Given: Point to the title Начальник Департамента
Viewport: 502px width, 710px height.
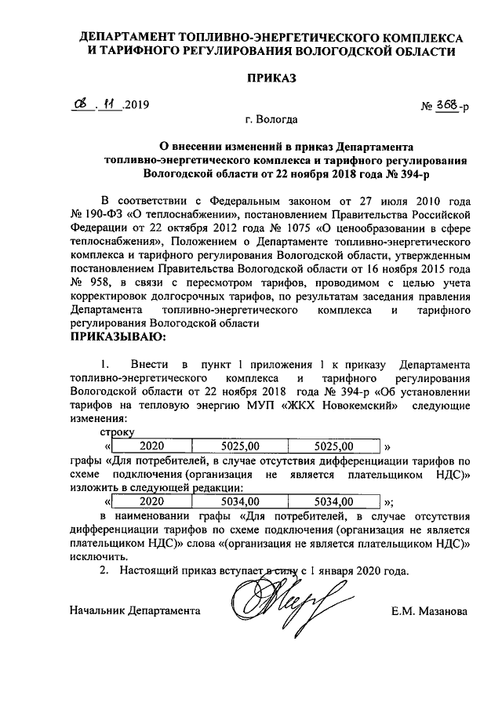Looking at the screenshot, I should (x=134, y=610).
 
